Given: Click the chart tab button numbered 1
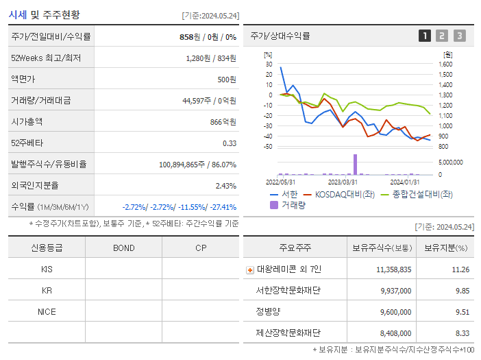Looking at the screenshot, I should [425, 36].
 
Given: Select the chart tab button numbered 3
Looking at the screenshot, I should [459, 36].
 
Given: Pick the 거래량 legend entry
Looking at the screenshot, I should [291, 204].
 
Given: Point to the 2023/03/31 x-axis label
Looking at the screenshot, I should [343, 182].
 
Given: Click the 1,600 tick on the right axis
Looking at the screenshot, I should [445, 64].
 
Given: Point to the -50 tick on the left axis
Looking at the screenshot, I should [268, 147].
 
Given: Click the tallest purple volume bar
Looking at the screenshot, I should [355, 165].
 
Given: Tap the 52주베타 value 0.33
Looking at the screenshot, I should [229, 143].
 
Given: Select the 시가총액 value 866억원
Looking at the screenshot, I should [224, 121].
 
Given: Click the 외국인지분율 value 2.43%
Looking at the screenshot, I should [225, 185].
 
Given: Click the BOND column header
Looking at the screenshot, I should [123, 248].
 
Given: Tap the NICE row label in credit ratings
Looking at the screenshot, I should [47, 311].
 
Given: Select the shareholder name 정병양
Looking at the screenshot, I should [268, 311].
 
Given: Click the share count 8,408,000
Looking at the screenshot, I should [394, 333].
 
